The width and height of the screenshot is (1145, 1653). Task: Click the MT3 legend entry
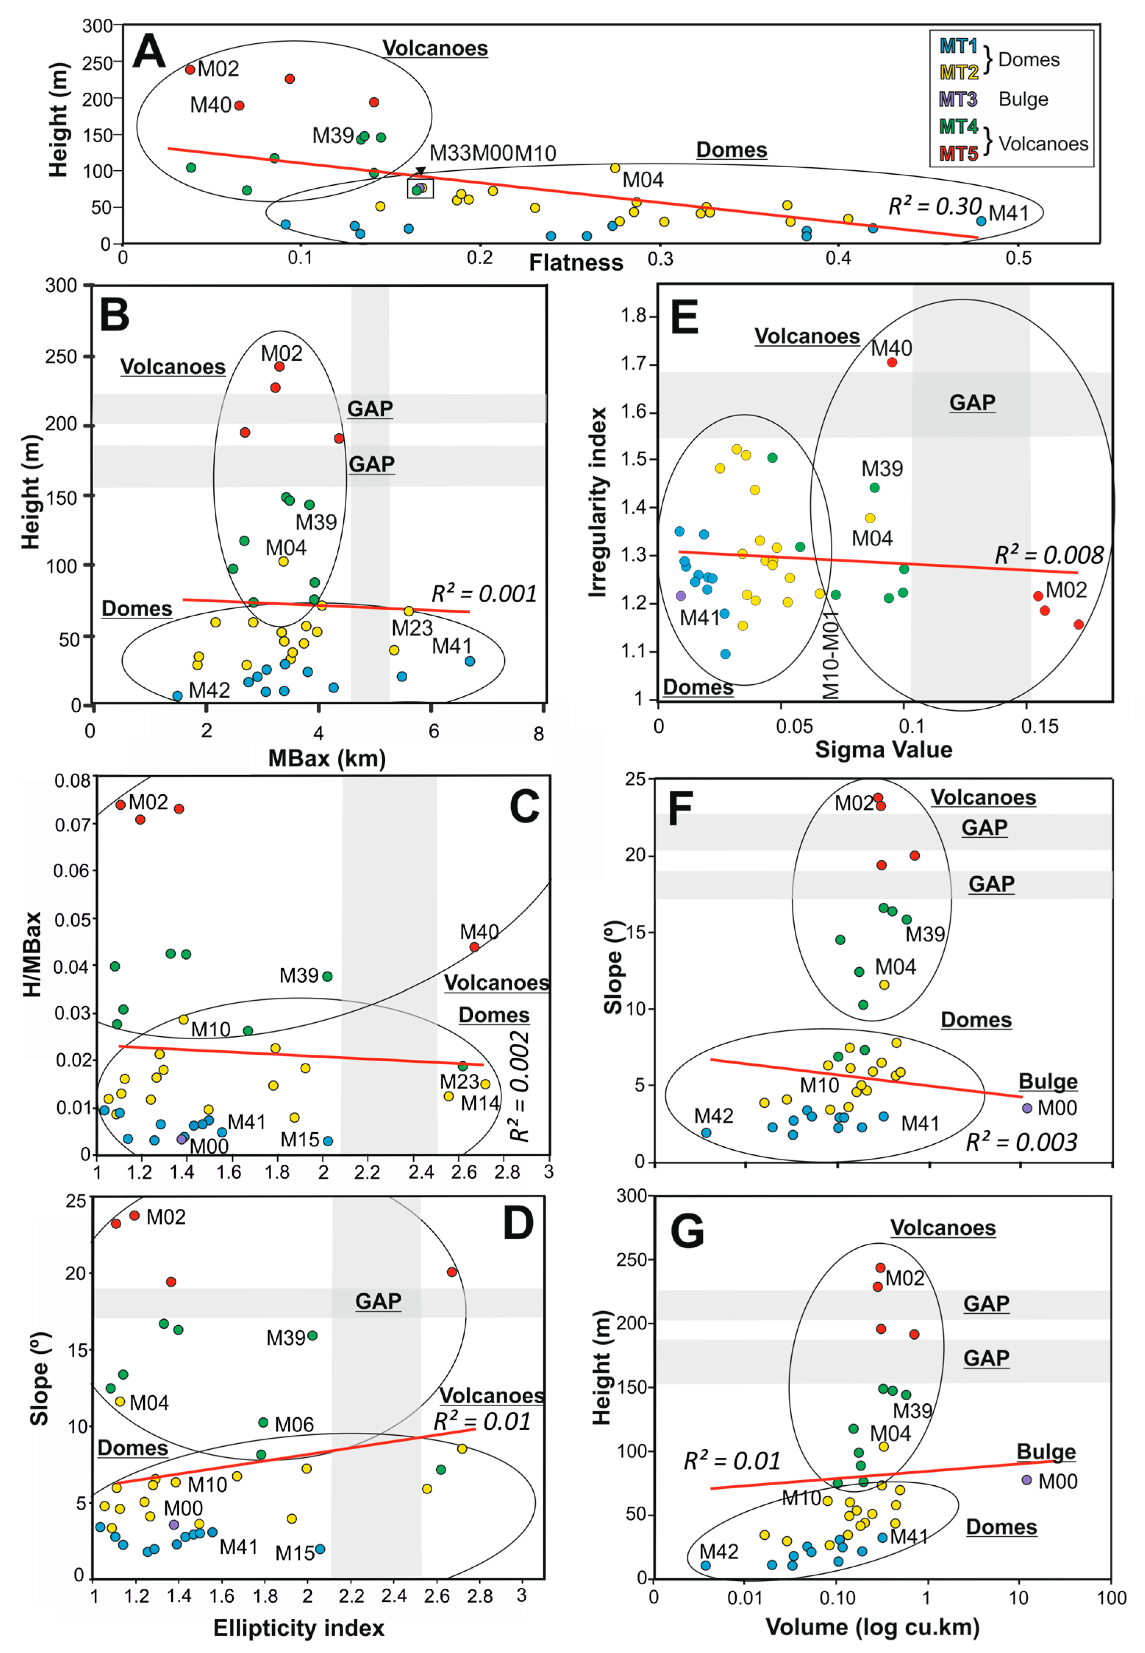coord(959,99)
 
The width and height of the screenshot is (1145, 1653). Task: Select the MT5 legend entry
coord(959,153)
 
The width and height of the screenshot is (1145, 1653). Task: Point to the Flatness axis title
coord(576,263)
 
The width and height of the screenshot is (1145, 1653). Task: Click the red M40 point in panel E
coord(892,363)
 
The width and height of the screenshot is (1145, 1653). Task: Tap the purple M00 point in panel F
coord(1027,1108)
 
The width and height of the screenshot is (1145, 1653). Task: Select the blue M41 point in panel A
coord(981,221)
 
